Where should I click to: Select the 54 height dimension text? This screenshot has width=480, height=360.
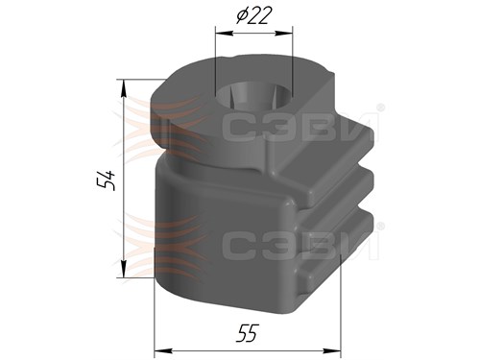point(106,180)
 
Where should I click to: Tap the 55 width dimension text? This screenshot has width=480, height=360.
point(247,333)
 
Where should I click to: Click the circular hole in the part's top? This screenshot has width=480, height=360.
point(253,97)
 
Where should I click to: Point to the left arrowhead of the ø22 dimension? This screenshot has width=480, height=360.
point(224,33)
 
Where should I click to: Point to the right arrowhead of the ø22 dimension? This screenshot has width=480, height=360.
point(283,33)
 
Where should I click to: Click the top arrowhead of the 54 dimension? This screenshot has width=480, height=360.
point(123,88)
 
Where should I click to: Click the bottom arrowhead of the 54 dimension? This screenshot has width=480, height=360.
point(123,269)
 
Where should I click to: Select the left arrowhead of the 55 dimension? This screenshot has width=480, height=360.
point(163,351)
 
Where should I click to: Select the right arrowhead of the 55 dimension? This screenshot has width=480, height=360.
point(332,351)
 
